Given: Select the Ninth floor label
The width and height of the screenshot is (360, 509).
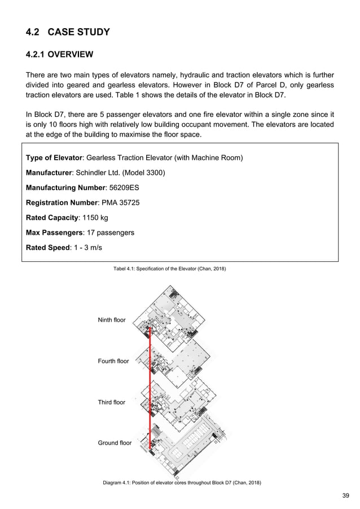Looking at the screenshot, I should pyautogui.click(x=112, y=320).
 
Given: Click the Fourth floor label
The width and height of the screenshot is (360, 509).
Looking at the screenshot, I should pyautogui.click(x=113, y=361).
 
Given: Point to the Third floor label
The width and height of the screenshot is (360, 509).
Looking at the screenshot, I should pyautogui.click(x=112, y=402).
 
